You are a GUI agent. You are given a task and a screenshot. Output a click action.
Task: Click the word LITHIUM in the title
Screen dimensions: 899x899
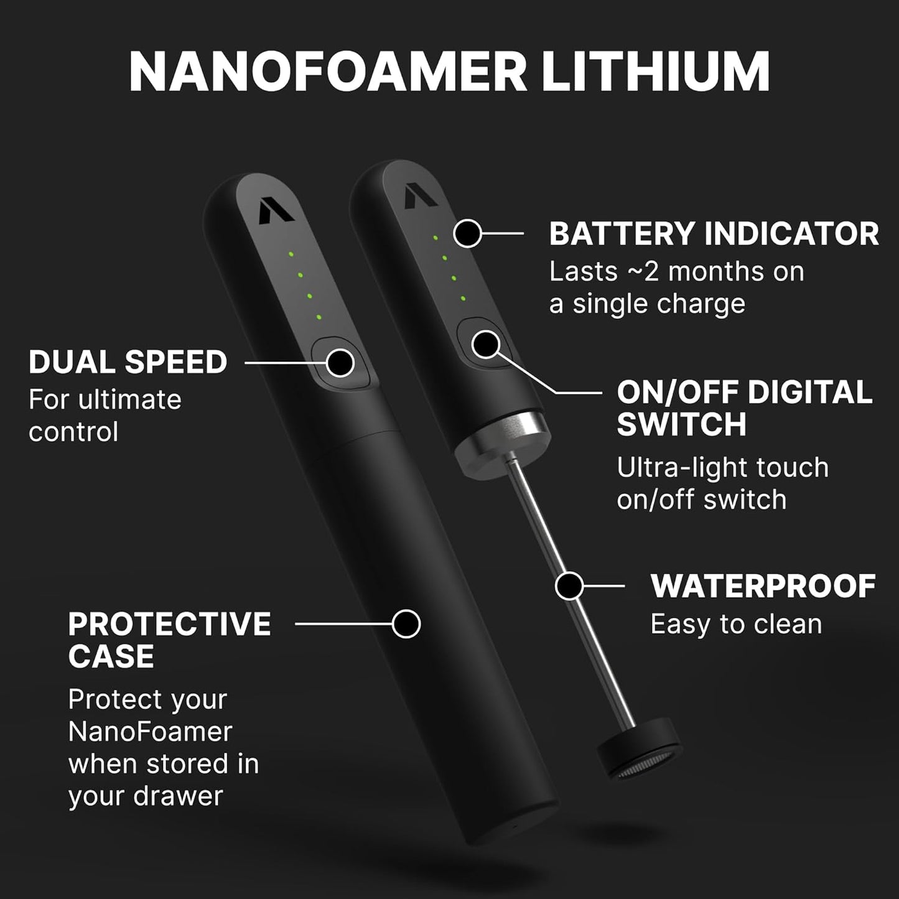pyautogui.click(x=656, y=72)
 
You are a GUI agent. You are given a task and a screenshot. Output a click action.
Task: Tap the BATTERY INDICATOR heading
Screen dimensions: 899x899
pyautogui.click(x=714, y=234)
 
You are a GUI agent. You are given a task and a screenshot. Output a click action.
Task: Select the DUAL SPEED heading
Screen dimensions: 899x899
pyautogui.click(x=128, y=362)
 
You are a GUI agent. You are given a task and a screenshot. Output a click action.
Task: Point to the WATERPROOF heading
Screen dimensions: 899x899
pyautogui.click(x=763, y=586)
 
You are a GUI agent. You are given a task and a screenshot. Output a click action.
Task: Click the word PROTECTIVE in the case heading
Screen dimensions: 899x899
pyautogui.click(x=169, y=624)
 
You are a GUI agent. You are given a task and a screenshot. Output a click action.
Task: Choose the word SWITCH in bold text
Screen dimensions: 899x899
pyautogui.click(x=681, y=424)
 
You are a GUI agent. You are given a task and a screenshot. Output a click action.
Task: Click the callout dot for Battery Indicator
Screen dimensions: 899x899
pyautogui.click(x=468, y=234)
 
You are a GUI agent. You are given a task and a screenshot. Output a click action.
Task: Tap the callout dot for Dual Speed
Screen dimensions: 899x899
pyautogui.click(x=340, y=362)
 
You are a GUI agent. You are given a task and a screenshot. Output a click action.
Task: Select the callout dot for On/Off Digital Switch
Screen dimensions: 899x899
pyautogui.click(x=485, y=343)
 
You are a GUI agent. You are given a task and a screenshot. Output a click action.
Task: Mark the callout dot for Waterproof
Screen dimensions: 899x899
pyautogui.click(x=569, y=585)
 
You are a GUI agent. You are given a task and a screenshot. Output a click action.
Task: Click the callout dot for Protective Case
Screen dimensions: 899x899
pyautogui.click(x=406, y=623)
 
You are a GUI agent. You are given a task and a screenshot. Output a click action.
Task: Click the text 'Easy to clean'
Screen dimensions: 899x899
pyautogui.click(x=736, y=624)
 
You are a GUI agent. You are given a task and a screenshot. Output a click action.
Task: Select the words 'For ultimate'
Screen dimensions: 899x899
pyautogui.click(x=105, y=399)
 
